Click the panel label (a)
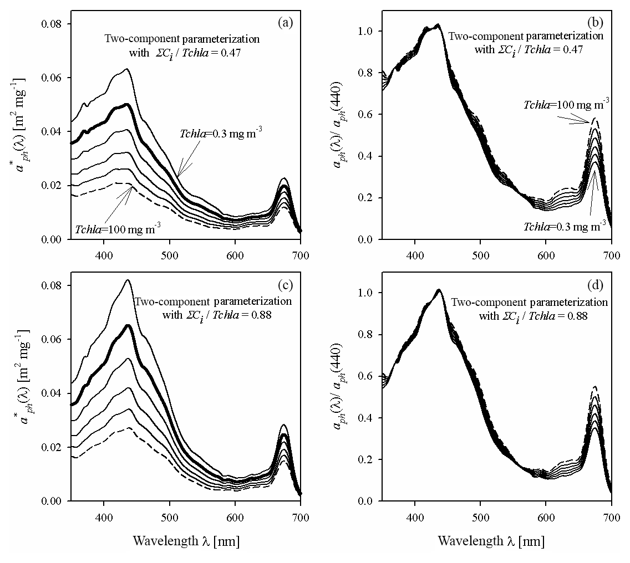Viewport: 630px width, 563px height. (x=286, y=23)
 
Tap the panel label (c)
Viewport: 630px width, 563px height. (x=286, y=286)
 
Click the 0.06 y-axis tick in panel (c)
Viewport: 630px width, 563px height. (x=54, y=340)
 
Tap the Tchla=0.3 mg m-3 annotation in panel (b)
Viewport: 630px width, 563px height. (x=564, y=227)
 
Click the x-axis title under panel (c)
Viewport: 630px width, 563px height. (x=186, y=541)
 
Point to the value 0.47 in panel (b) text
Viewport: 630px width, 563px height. (x=586, y=49)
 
